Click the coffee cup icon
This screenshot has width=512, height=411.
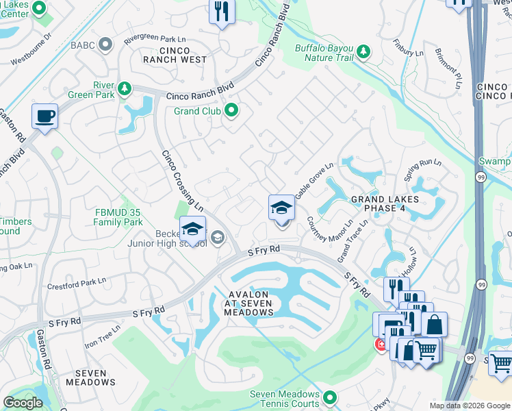click(x=44, y=116)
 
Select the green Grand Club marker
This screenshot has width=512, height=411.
click(x=232, y=110)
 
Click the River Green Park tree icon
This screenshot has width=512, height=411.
click(x=124, y=88)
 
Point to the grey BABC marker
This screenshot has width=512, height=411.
click(x=105, y=45)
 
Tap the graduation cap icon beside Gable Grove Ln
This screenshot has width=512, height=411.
click(x=281, y=207)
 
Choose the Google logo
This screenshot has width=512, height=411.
click(x=23, y=403)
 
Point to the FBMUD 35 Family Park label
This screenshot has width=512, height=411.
click(x=118, y=217)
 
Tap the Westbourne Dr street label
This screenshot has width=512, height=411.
click(x=31, y=50)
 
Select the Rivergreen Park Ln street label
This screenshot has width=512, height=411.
click(x=155, y=40)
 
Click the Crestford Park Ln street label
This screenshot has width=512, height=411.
click(x=76, y=282)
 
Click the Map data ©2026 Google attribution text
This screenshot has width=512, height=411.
click(x=469, y=406)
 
